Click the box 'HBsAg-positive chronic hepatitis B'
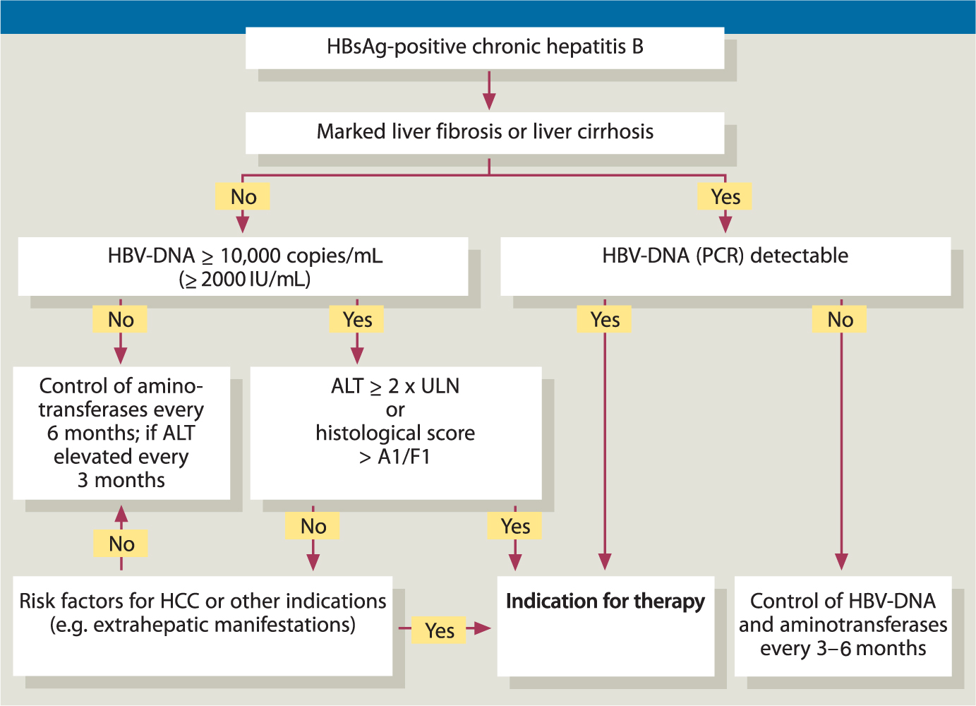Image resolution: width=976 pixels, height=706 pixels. click(x=485, y=48)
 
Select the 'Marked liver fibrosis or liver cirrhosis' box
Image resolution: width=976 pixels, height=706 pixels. click(x=485, y=133)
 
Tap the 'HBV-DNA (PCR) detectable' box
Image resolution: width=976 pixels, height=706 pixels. click(x=725, y=266)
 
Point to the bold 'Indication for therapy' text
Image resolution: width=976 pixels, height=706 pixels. click(x=606, y=602)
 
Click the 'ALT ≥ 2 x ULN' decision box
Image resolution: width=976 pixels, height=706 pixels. click(x=396, y=433)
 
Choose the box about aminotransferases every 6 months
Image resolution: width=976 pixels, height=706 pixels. click(x=121, y=433)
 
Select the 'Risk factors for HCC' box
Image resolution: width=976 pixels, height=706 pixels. click(x=203, y=626)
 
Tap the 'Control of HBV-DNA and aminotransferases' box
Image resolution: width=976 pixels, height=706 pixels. click(x=843, y=626)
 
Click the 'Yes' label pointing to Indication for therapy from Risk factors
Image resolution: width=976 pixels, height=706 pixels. click(x=439, y=630)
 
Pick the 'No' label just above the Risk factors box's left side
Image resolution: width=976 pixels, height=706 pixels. click(x=121, y=544)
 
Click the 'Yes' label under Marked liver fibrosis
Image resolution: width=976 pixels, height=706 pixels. click(x=725, y=196)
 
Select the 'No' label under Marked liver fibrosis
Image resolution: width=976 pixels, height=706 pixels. click(x=243, y=196)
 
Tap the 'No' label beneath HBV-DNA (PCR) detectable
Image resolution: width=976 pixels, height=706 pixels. click(x=839, y=319)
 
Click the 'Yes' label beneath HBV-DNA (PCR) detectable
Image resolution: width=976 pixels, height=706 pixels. click(x=604, y=319)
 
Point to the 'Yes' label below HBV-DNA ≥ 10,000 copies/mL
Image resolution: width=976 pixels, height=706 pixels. click(x=356, y=319)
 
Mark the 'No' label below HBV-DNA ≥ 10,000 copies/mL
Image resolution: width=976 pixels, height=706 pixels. click(x=120, y=319)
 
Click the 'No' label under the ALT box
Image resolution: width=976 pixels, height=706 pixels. click(x=313, y=526)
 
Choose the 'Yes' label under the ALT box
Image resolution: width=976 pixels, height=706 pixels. click(x=514, y=526)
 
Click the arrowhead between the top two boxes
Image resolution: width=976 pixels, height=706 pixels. click(x=489, y=101)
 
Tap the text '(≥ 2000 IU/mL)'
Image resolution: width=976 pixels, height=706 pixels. click(x=244, y=280)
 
